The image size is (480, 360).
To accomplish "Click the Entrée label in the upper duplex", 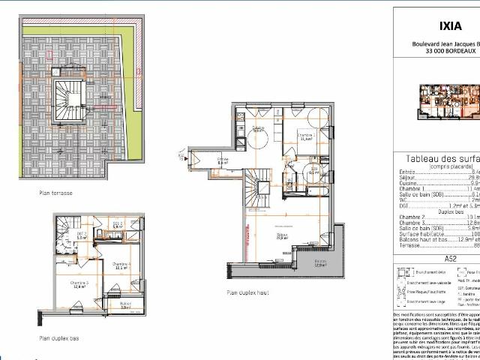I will pos(222,159).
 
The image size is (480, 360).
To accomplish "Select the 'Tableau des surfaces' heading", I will pos(439,159).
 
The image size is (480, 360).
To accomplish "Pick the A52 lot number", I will pos(451,257).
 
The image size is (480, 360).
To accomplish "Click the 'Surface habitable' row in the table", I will pos(431,233).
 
